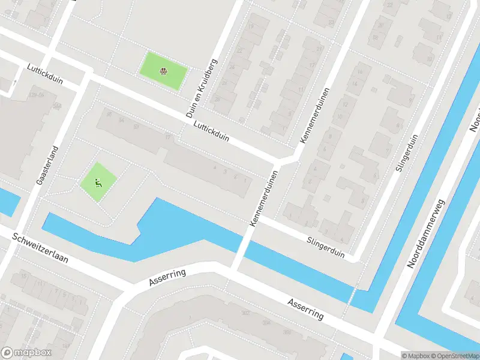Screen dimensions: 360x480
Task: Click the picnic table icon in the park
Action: click(x=163, y=72)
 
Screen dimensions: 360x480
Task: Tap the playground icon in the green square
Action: click(x=98, y=182)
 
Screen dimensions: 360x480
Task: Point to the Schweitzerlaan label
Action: click(x=40, y=250)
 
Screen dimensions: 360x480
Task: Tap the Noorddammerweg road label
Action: click(x=428, y=234)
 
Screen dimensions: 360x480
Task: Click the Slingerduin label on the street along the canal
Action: click(x=324, y=246)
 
